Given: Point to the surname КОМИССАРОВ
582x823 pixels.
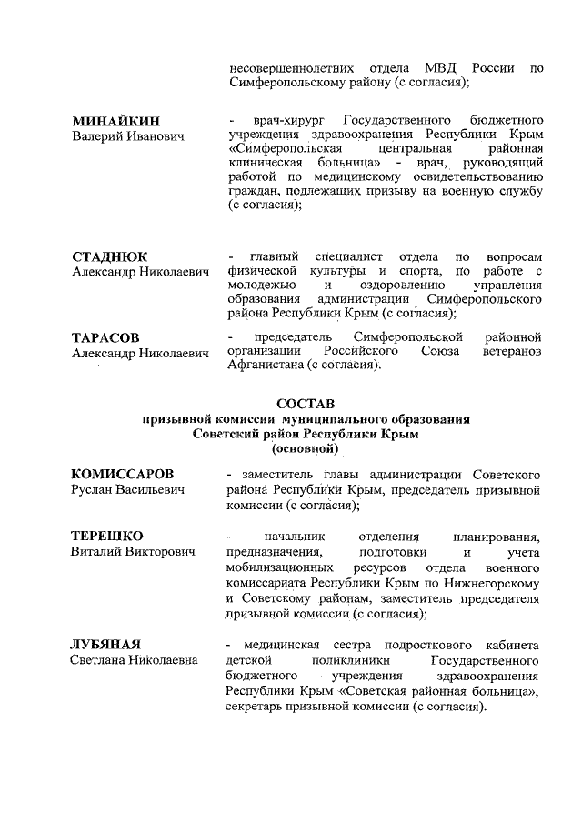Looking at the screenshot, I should pos(122,475).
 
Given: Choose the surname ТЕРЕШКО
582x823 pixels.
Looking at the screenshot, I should pos(107,536).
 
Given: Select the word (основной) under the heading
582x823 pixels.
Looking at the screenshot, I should pos(306,448).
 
